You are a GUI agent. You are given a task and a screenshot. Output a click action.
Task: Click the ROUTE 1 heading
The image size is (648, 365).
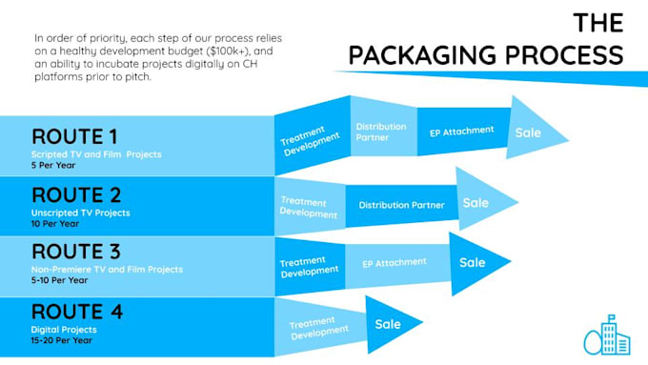tap(74, 137)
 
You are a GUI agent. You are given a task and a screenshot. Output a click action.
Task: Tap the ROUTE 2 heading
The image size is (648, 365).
tap(76, 195)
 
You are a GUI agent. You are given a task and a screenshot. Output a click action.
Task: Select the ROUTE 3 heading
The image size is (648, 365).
tap(76, 252)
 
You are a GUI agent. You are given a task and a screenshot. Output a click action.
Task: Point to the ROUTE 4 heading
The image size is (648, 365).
tap(77, 312)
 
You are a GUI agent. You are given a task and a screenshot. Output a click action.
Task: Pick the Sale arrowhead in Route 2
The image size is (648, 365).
tap(483, 200)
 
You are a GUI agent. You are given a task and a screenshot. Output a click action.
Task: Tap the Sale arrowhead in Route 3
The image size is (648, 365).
tap(476, 263)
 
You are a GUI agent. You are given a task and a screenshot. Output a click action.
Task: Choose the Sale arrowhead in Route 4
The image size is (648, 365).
tap(390, 324)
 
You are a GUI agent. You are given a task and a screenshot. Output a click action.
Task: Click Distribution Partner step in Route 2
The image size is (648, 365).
tap(402, 206)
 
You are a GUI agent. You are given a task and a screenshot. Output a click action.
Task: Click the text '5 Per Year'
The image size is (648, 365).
tap(53, 165)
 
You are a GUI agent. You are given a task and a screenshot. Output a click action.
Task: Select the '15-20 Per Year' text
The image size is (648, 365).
tap(62, 340)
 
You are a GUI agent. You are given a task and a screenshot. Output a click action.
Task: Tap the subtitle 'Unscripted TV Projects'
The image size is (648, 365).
tap(81, 213)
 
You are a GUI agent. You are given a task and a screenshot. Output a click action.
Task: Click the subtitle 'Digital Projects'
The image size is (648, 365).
tap(64, 330)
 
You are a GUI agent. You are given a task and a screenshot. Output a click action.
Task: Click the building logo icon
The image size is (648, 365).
tap(607, 335)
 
